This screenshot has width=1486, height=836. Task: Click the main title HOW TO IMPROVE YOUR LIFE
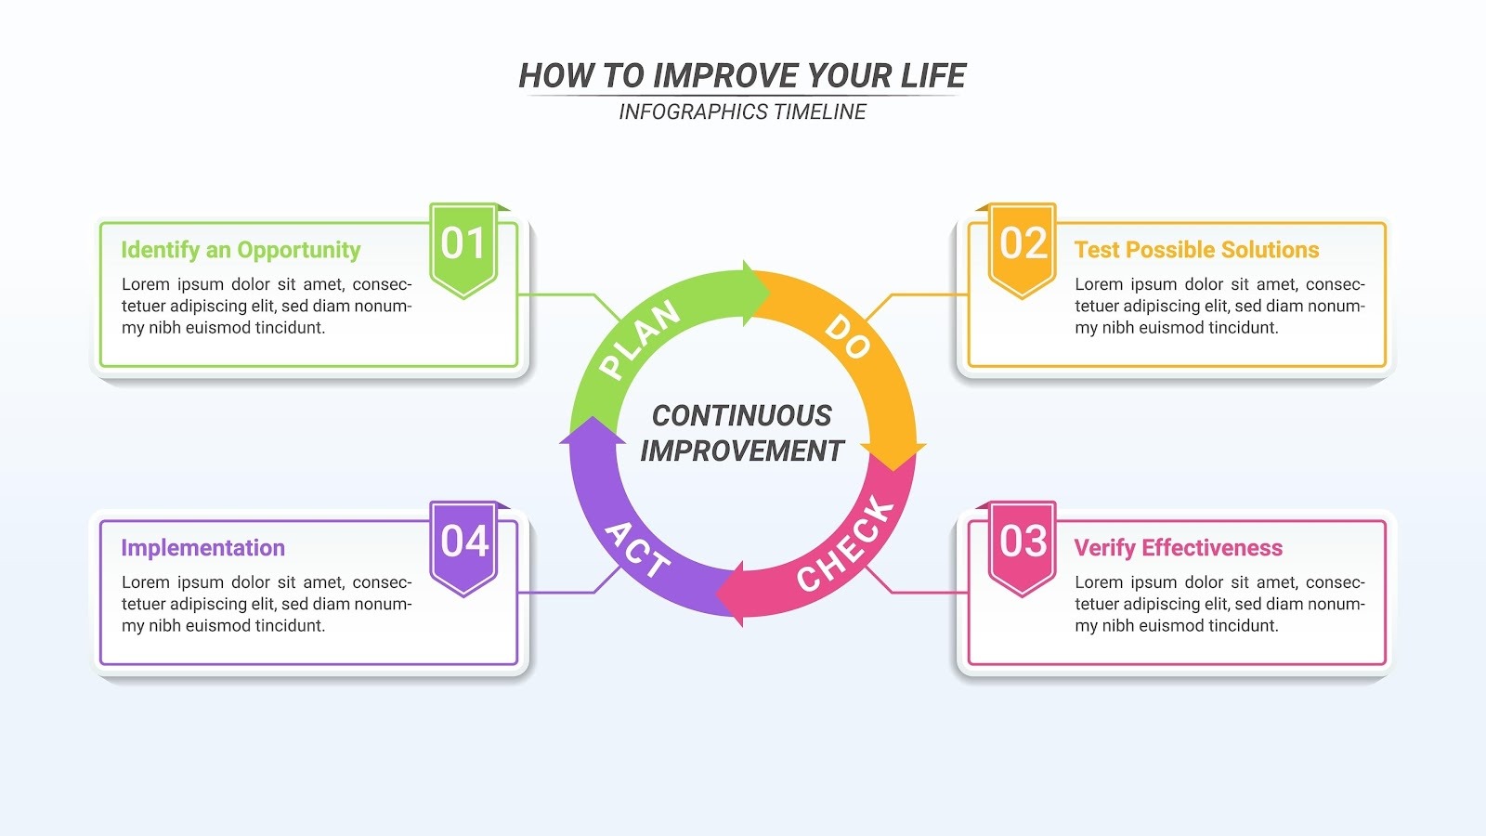click(742, 75)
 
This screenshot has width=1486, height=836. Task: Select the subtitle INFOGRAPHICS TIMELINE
click(742, 111)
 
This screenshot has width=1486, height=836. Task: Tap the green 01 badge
click(463, 247)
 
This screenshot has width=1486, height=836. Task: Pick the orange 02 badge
click(1023, 247)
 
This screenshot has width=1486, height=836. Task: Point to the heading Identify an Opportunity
click(241, 250)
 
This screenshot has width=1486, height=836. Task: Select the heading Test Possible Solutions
click(1196, 250)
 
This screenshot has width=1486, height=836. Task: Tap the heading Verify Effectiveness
click(1178, 548)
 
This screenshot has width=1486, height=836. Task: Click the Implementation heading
click(202, 548)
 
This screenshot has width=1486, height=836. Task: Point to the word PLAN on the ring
click(640, 340)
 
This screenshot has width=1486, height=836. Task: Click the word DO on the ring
click(847, 336)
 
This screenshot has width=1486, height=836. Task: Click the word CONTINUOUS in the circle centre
click(742, 415)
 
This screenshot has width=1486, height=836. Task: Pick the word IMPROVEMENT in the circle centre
click(742, 451)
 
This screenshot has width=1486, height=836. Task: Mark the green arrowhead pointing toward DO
click(756, 294)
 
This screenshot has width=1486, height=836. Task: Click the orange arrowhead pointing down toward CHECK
click(893, 456)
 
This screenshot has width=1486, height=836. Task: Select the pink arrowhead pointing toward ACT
click(731, 593)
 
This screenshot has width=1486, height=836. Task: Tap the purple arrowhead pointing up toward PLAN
click(592, 432)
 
